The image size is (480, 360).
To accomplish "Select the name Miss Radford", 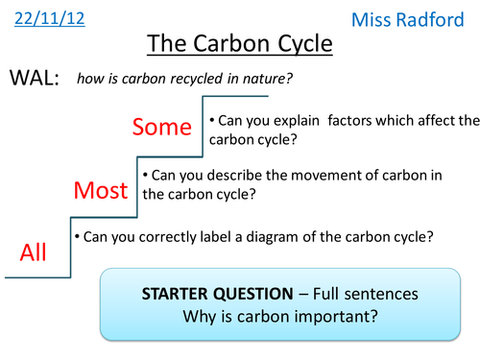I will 420,20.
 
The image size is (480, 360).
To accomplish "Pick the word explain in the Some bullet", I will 279,122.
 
